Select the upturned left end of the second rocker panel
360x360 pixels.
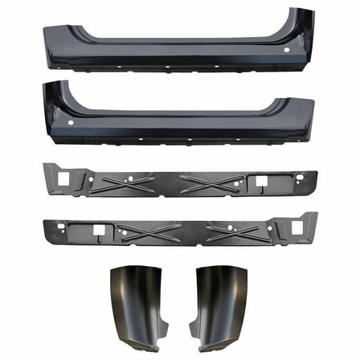(x=56, y=92)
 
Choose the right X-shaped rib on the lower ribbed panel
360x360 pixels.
(x=235, y=233)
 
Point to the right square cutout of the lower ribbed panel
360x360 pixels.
(x=297, y=228)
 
